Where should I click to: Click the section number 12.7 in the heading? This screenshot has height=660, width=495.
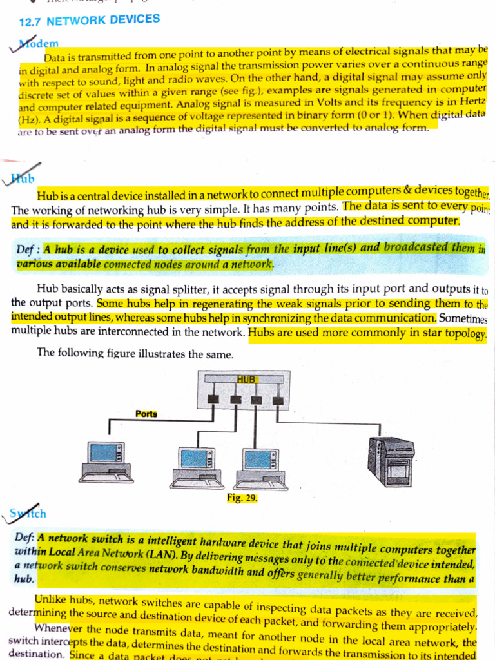coord(30,23)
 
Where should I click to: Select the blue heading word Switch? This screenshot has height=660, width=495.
coord(29,513)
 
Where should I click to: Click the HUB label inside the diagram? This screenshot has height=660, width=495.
coord(247,380)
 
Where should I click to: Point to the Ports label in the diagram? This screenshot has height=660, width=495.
coord(146,414)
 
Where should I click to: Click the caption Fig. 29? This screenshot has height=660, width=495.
coord(242,498)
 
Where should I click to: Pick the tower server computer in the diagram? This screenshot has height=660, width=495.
coord(391,461)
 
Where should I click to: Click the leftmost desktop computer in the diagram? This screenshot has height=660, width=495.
coord(106,461)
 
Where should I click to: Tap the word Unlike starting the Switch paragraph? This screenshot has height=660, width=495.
coord(53,600)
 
